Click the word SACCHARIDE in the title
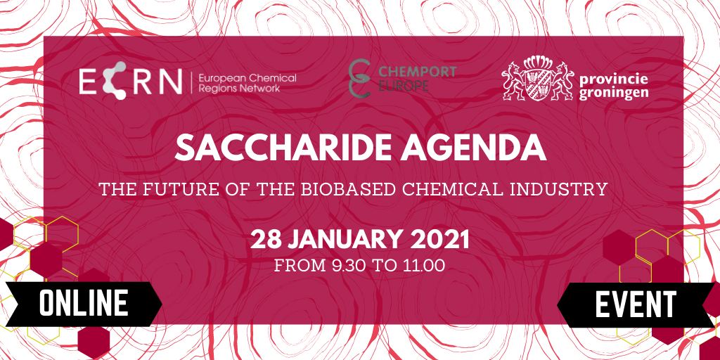coord(272,148)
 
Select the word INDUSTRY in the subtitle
coord(566,189)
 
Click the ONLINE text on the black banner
coord(83,303)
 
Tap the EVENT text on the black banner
coord(636,303)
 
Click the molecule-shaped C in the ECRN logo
coord(113,80)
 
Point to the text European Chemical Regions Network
coord(247,83)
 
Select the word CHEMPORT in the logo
coord(417,72)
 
